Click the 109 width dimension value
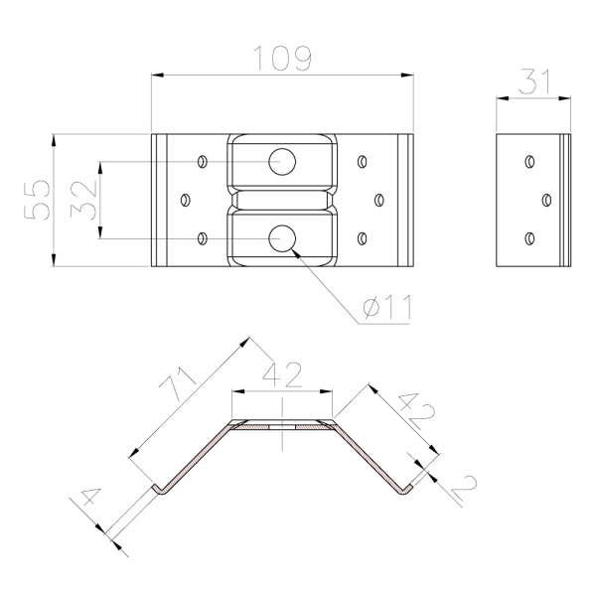coord(282,59)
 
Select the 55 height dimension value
coord(37,200)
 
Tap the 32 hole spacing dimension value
coord(84,200)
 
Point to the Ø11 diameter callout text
coord(387,307)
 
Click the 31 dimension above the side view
coord(534,81)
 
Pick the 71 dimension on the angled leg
coord(177,384)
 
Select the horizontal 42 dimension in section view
coord(282,374)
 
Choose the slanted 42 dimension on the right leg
coord(416,411)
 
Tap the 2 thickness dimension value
coord(465,487)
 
